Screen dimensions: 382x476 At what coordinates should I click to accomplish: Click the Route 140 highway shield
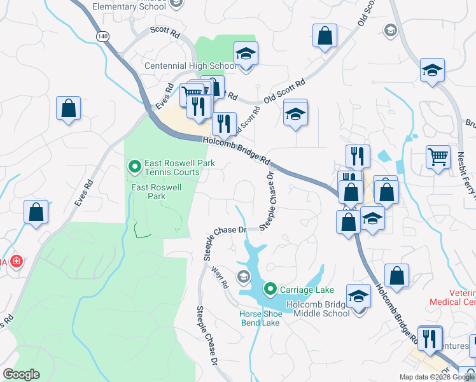click(102, 37)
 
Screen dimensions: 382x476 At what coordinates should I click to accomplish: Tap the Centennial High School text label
click(190, 66)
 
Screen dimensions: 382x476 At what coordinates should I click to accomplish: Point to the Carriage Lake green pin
click(270, 290)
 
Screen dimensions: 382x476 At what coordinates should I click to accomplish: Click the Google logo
click(22, 374)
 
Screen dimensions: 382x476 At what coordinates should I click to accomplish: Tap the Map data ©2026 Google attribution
click(437, 377)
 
